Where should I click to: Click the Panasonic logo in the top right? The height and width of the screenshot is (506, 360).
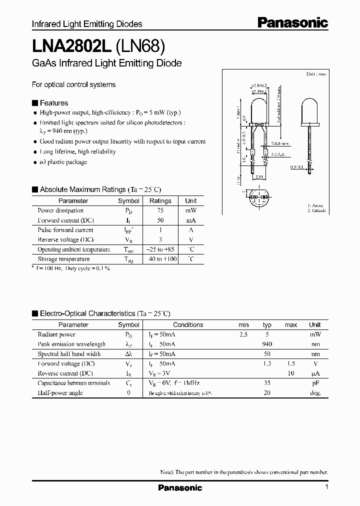click(x=293, y=22)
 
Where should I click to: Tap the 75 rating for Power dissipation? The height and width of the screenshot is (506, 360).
click(x=160, y=210)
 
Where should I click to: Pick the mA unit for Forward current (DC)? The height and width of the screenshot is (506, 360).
click(x=191, y=220)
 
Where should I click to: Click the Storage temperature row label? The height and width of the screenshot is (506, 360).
click(x=63, y=259)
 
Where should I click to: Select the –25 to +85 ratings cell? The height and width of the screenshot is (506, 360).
click(x=160, y=249)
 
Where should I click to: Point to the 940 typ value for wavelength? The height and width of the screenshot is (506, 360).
click(x=267, y=344)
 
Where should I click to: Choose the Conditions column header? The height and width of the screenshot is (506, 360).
click(x=188, y=324)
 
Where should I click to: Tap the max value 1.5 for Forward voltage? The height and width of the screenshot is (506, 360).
click(x=290, y=363)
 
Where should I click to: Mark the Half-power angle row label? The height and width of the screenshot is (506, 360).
click(x=60, y=392)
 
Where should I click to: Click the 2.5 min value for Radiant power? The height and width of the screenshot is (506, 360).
click(x=243, y=334)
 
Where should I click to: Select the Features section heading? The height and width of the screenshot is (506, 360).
click(x=53, y=103)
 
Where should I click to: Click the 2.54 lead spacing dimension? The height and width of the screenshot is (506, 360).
click(x=258, y=176)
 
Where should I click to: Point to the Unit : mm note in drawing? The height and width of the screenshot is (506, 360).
click(x=316, y=74)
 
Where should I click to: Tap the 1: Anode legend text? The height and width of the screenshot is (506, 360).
click(x=316, y=205)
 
